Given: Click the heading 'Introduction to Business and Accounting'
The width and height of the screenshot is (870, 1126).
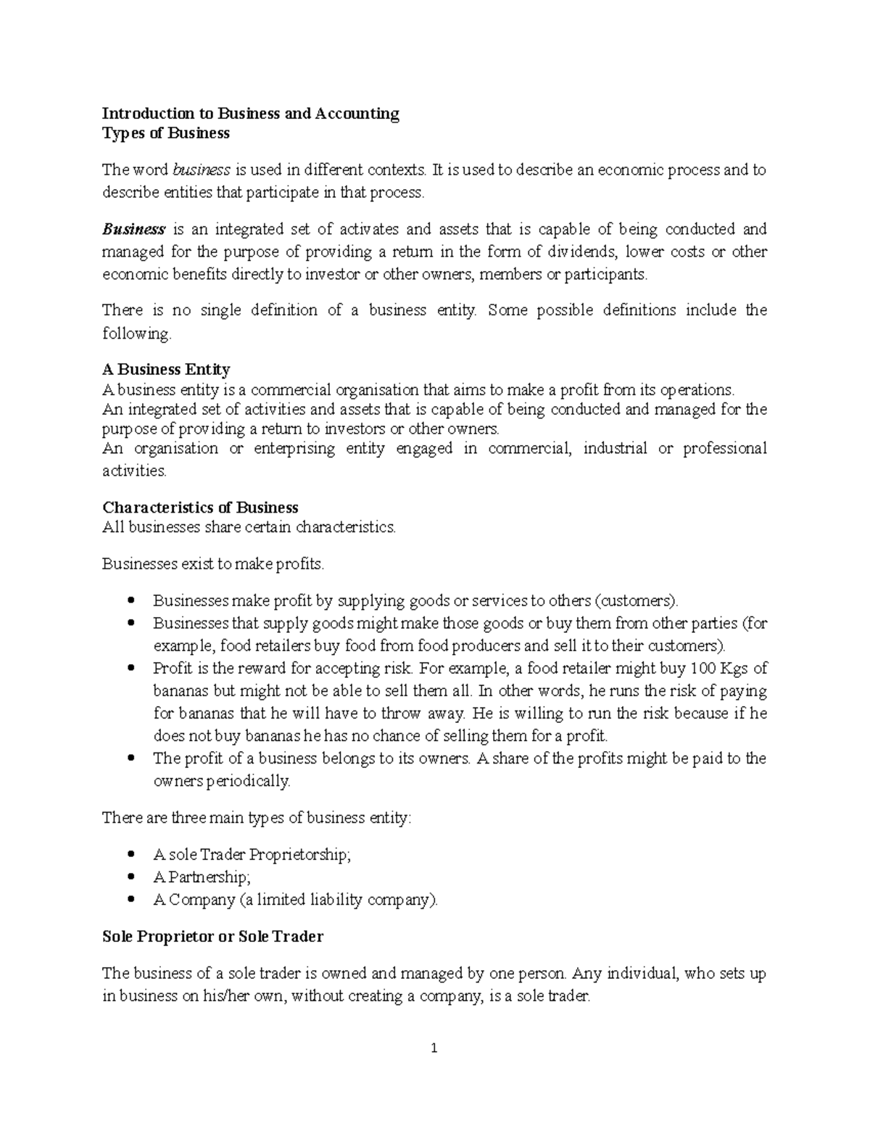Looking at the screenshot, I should (x=250, y=114).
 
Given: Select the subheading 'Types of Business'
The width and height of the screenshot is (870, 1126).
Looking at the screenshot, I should (x=166, y=133).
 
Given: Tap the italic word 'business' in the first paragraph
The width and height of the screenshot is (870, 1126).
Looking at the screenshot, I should (x=202, y=170).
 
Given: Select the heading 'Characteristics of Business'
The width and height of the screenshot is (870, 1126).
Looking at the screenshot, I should (x=200, y=508).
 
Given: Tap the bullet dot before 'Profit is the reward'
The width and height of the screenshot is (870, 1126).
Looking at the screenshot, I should (x=130, y=668).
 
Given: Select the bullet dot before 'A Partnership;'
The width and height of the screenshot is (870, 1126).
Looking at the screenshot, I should (x=130, y=877).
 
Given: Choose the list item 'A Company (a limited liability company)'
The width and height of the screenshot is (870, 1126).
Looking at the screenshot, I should (x=296, y=901).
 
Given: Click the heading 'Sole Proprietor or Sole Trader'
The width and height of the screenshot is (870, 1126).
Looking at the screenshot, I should (x=212, y=937).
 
